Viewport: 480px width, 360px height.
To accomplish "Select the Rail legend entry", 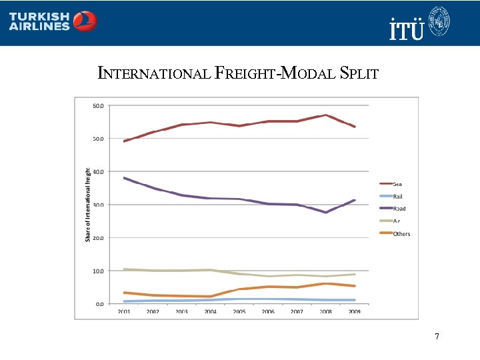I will tap(397, 197).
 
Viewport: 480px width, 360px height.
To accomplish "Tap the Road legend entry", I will tap(399, 209).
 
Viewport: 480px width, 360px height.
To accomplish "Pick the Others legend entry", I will tap(401, 234).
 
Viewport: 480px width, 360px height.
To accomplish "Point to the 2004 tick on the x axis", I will tap(210, 311).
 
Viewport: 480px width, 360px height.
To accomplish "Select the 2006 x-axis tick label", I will tap(267, 311).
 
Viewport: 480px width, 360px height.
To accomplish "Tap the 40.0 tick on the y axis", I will tap(97, 171).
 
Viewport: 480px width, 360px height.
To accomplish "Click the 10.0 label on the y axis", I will tap(97, 271).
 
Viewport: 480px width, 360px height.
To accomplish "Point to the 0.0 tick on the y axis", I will tap(99, 303).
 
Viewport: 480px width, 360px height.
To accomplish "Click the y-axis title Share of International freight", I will tap(87, 204).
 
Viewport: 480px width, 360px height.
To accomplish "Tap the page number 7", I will tap(437, 337).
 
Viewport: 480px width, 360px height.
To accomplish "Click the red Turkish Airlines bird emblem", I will tap(85, 21).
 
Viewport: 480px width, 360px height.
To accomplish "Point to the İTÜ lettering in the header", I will tap(406, 30).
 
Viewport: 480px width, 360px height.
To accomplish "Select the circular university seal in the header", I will tap(439, 21).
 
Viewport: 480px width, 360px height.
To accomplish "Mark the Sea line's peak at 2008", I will tap(325, 115).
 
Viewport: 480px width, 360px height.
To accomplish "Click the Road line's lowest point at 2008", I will tap(325, 212).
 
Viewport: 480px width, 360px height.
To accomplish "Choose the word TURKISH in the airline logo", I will tap(39, 16).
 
